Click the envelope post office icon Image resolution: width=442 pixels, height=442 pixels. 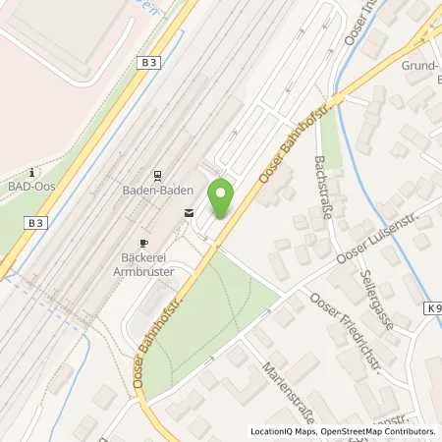[x=189, y=212]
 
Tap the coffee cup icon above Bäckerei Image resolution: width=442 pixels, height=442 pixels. [x=143, y=242]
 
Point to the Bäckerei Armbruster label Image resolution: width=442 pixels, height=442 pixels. [x=144, y=262]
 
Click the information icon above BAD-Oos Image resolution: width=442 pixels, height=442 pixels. [x=32, y=170]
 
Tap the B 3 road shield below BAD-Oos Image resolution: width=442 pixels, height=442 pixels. [x=36, y=223]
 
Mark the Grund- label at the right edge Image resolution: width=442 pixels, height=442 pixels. [x=420, y=68]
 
